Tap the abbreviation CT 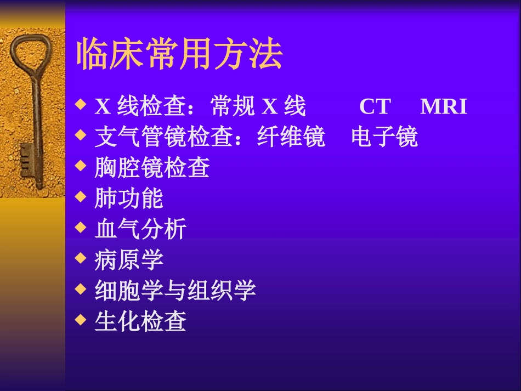tap(375, 107)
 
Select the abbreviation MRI tap(444, 107)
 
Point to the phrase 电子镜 tap(384, 138)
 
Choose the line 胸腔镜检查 tap(152, 168)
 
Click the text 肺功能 tap(129, 199)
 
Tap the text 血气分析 tap(140, 229)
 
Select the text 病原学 tap(129, 260)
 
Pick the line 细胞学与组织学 tap(175, 291)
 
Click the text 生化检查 tap(140, 321)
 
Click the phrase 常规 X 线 tap(258, 107)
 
